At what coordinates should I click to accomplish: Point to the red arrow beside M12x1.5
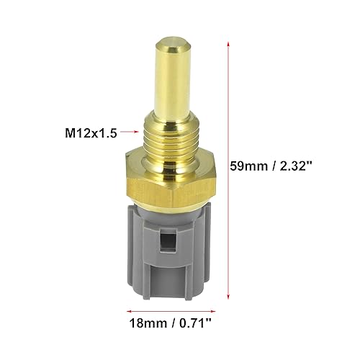pos(129,132)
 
